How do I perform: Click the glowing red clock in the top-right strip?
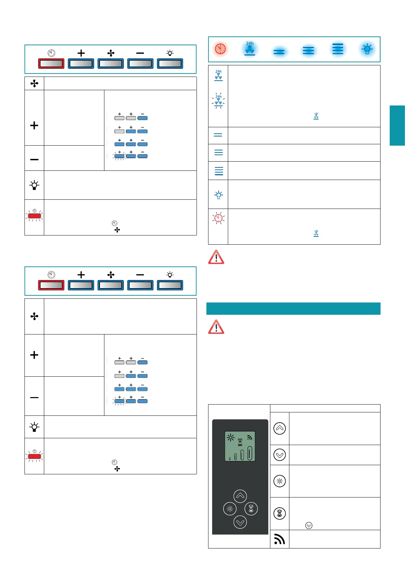pos(220,49)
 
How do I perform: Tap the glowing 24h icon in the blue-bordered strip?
pos(250,48)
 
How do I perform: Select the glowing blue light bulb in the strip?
pos(367,49)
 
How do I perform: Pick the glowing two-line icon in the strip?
pos(279,52)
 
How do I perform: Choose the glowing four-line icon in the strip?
pos(338,49)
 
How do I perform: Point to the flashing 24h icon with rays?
pos(218,100)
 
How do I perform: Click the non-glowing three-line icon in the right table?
pos(218,152)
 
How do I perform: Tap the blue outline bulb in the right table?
pos(218,195)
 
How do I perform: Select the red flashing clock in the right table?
pos(218,218)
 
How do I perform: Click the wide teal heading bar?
pos(293,309)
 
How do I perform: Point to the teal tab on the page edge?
pos(397,126)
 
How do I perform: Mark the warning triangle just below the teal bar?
pos(216,327)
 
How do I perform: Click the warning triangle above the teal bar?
pos(216,257)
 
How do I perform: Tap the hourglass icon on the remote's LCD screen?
pos(240,442)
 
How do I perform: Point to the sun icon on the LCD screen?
pos(231,438)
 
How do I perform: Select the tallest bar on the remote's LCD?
pos(250,453)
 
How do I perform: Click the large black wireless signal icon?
pos(280,539)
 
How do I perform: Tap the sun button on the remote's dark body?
pos(230,509)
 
